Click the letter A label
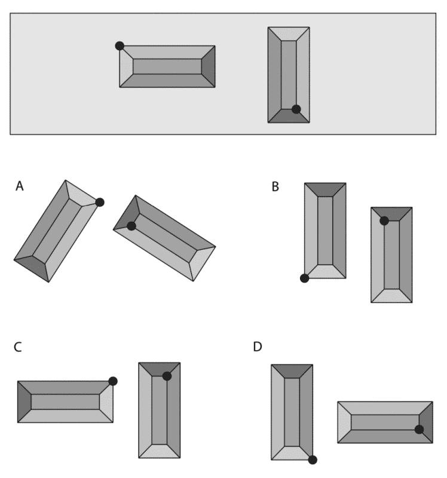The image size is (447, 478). [x=20, y=186]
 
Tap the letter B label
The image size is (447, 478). [x=275, y=186]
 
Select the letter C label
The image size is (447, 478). [x=19, y=347]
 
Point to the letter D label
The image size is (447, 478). [x=258, y=347]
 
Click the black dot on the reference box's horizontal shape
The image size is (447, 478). [x=120, y=45]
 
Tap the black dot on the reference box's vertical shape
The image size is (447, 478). [x=296, y=109]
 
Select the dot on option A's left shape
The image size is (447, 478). [x=100, y=202]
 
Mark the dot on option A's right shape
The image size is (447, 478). [x=131, y=226]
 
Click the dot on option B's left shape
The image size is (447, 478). [x=304, y=278]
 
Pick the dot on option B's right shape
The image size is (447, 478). [x=384, y=221]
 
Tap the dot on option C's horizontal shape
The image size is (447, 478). [x=113, y=381]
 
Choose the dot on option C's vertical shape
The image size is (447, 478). [x=167, y=376]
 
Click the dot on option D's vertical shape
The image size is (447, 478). [x=312, y=459]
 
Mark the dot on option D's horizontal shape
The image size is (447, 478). [x=419, y=429]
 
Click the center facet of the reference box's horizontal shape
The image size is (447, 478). [x=167, y=66]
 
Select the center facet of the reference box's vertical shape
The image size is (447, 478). [x=289, y=75]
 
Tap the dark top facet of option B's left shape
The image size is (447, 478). [x=325, y=189]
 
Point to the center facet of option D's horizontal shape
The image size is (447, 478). [x=385, y=422]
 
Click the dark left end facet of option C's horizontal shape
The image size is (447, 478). [x=25, y=402]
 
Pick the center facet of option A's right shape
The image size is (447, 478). [x=164, y=238]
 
